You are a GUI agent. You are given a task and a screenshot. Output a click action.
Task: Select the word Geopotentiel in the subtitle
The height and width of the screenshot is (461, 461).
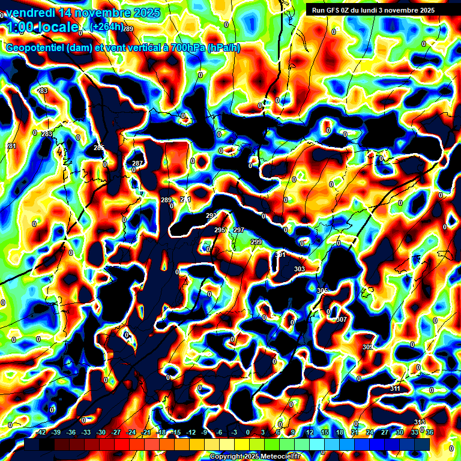pos(35,48)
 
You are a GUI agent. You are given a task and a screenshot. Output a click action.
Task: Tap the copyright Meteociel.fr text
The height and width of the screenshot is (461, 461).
pos(255,456)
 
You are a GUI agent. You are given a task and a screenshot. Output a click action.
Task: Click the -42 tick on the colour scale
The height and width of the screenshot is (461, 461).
pos(41,432)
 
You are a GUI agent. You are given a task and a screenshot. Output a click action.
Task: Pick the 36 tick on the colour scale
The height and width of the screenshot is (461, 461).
pos(430,432)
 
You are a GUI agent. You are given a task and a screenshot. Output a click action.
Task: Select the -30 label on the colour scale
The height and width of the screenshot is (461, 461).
pos(101,432)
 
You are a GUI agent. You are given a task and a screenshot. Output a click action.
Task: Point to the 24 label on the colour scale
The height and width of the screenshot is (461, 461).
pos(370,432)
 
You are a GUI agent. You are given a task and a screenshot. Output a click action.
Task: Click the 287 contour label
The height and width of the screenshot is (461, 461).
pos(137,163)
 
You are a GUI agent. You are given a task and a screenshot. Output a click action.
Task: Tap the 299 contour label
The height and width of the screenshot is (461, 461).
pos(256,242)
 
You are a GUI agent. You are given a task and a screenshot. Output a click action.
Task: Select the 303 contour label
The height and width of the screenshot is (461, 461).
pos(300,269)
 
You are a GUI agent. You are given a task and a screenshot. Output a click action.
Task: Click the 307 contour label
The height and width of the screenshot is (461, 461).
pos(342,319)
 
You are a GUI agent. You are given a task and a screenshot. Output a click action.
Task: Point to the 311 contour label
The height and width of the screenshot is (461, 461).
pos(395,389)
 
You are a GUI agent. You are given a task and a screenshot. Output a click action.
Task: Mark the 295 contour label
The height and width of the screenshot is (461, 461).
pos(220,230)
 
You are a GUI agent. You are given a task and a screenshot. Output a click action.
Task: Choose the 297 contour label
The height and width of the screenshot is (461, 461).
pos(239,230)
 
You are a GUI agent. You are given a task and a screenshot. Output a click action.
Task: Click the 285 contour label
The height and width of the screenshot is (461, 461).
pos(99,148)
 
